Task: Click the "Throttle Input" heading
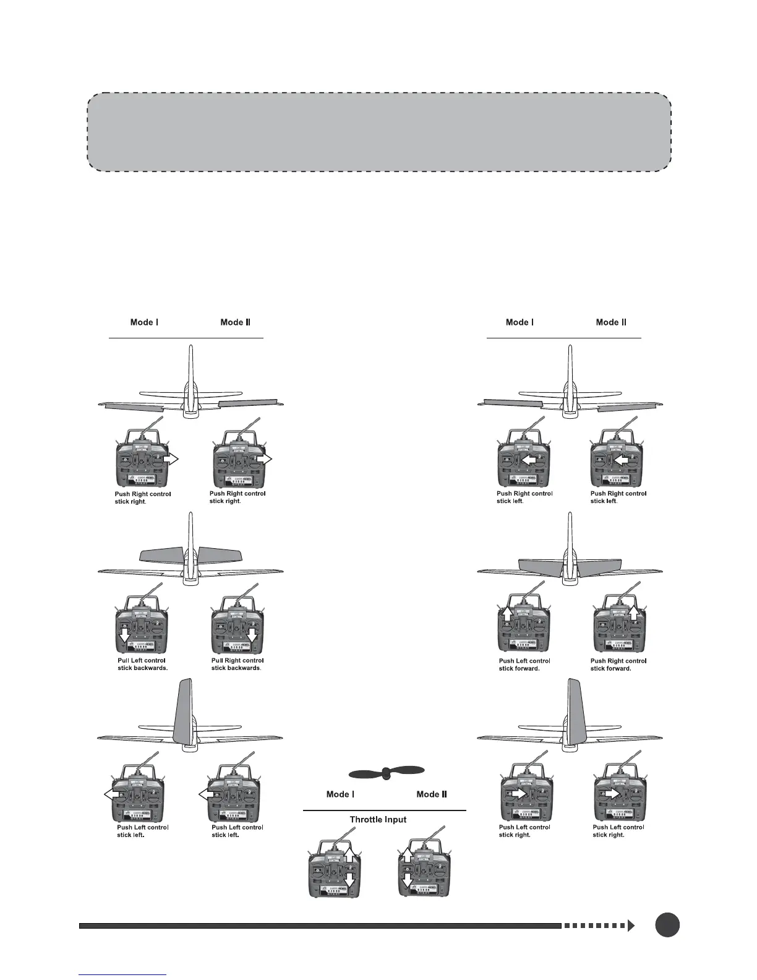378,819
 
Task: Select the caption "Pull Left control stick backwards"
143,664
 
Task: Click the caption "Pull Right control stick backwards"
236,664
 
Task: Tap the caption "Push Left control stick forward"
524,664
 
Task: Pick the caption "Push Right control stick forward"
618,664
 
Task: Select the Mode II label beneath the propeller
432,794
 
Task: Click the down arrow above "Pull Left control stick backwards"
124,636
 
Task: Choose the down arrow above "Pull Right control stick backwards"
252,636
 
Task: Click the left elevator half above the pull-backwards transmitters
161,554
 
